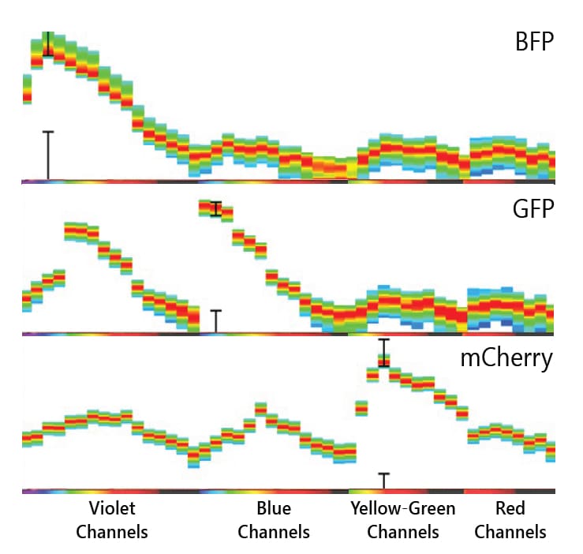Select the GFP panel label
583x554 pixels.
coord(535,209)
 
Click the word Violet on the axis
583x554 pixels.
coord(112,508)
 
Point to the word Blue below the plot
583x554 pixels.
coord(274,508)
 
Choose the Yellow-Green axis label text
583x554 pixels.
coord(402,508)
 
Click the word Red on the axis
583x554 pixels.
coord(510,508)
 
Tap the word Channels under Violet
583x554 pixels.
coord(112,531)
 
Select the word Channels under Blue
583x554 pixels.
coord(274,531)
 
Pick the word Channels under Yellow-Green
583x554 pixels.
coord(402,531)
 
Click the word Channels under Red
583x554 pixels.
coord(510,531)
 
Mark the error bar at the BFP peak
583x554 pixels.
coord(48,43)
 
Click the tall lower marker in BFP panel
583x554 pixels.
coord(48,155)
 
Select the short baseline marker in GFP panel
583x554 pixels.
coord(215,321)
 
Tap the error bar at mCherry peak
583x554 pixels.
coord(383,352)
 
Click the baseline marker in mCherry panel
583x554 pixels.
coord(383,481)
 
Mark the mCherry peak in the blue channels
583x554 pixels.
coord(261,409)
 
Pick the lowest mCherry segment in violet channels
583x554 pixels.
coord(193,458)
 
